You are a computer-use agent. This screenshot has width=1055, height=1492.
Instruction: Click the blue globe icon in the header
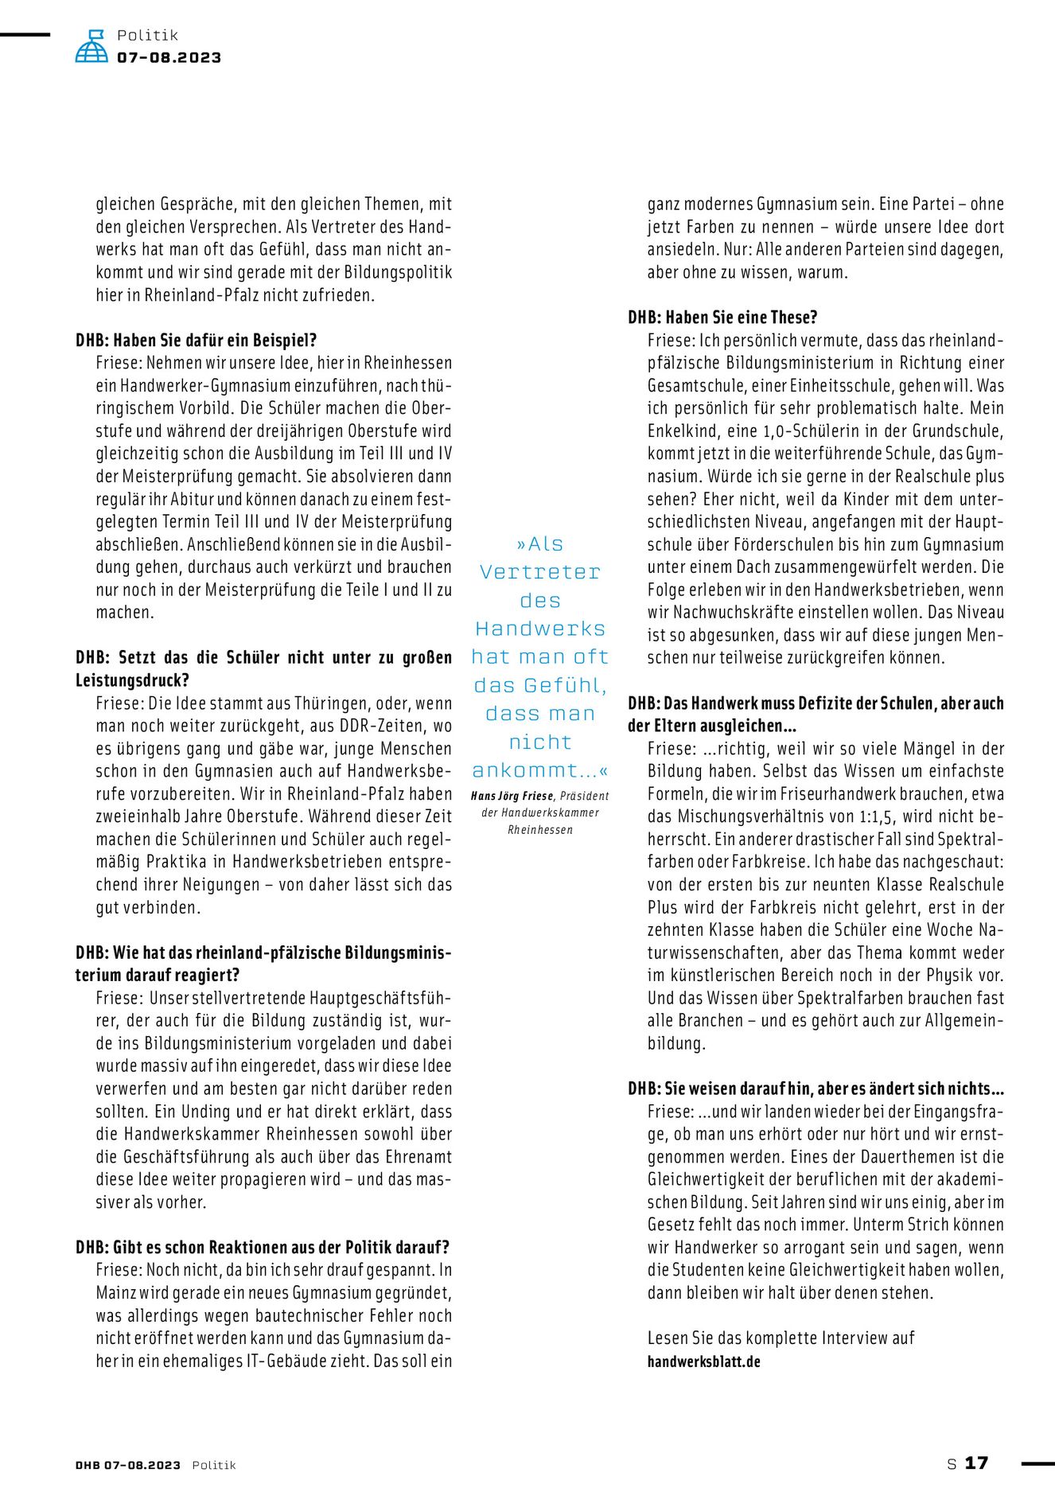[x=91, y=47]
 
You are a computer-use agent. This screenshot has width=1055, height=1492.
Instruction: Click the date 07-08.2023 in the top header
[x=169, y=58]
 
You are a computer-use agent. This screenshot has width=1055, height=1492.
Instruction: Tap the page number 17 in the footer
[x=976, y=1463]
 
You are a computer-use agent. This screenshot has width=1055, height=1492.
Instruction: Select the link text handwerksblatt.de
[x=703, y=1361]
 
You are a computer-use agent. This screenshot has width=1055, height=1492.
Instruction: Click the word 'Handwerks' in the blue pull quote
[x=540, y=629]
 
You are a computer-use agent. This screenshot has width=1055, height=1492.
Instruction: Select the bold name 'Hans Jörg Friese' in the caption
[x=512, y=796]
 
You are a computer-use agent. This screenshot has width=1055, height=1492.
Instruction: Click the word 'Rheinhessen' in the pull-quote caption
[x=540, y=830]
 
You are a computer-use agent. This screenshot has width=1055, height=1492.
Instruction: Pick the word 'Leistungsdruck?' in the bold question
[x=132, y=681]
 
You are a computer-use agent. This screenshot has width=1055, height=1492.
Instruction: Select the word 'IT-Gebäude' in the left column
[x=326, y=1361]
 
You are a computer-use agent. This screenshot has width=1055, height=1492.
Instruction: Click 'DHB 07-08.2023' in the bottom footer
[x=128, y=1465]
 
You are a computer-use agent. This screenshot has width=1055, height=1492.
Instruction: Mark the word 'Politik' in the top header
[x=147, y=35]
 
